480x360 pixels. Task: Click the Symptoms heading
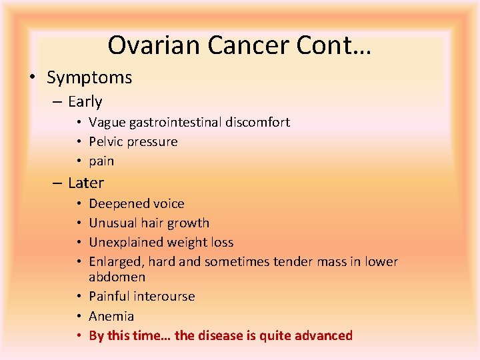click(89, 77)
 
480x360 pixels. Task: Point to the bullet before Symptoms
click(33, 77)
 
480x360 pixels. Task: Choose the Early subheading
click(85, 102)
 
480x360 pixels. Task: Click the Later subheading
click(86, 183)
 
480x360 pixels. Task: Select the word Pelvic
click(107, 142)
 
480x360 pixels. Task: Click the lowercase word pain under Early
click(101, 161)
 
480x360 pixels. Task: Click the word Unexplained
click(124, 243)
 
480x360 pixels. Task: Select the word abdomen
click(117, 277)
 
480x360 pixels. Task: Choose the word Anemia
click(111, 316)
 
